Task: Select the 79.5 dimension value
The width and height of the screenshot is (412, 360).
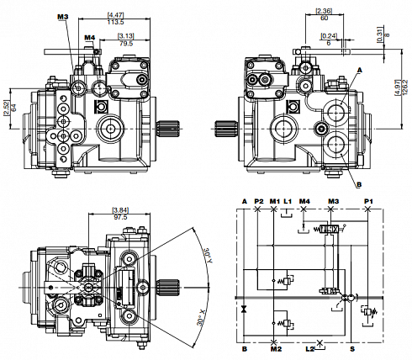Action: click(125, 44)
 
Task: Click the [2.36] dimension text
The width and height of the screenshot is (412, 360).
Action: click(323, 11)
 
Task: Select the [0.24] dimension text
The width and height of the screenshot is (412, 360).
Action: click(329, 35)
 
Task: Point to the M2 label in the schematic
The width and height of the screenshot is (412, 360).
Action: click(275, 347)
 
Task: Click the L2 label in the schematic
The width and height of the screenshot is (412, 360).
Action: click(309, 347)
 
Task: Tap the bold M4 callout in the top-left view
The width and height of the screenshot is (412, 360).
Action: click(90, 37)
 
